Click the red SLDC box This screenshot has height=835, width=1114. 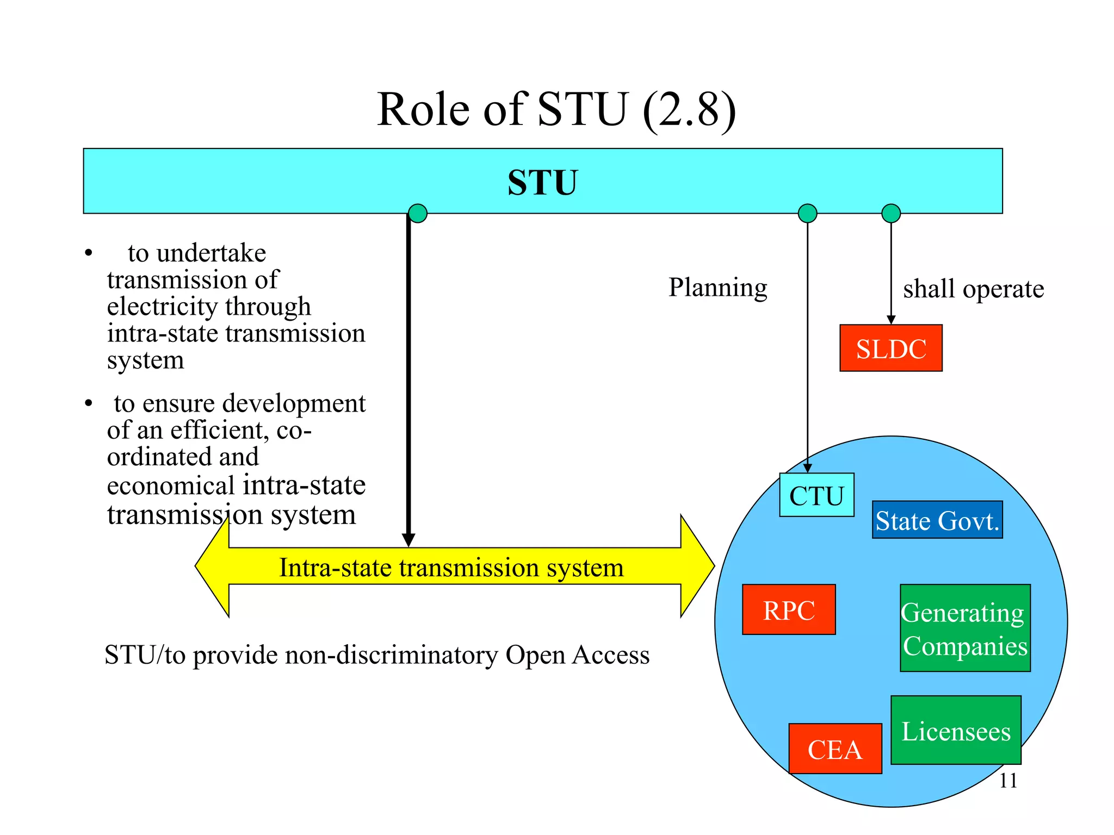(890, 348)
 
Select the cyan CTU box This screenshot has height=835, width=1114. (816, 495)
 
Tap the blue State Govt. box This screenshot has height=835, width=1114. (937, 520)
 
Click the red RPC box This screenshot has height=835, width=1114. (788, 609)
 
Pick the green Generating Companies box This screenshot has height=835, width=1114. (964, 628)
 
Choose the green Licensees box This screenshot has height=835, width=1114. (955, 730)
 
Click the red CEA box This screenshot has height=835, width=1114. (834, 749)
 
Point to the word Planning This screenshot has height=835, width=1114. (717, 287)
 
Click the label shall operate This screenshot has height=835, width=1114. (973, 289)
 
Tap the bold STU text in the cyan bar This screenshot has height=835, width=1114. (542, 182)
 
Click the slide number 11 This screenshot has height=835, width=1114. (1007, 781)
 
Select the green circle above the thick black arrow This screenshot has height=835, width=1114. (417, 213)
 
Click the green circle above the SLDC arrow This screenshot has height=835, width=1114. (890, 213)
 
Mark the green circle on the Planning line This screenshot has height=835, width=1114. (807, 213)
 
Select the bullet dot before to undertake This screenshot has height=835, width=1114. (89, 253)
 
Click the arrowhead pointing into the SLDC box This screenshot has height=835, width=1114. (890, 320)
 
